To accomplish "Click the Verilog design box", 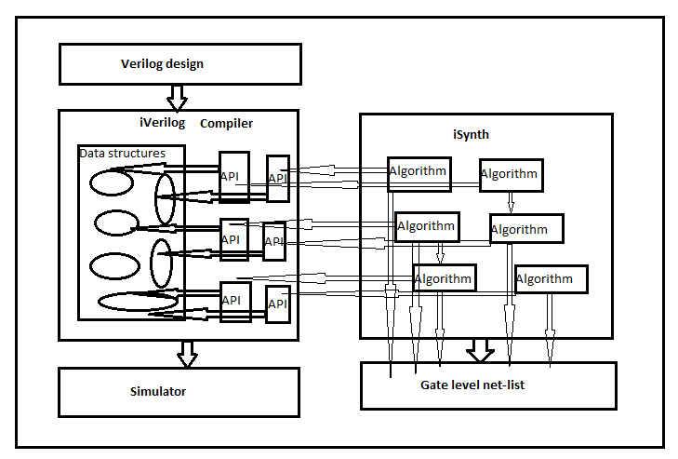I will point(179,64).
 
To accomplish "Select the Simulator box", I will point(179,391).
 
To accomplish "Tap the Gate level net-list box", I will point(488,385).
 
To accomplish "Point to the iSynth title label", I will point(472,135).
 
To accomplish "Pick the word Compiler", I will point(226,123).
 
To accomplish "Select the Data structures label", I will point(123,154).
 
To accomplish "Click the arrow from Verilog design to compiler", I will point(177,96).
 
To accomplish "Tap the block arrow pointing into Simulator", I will point(187,353).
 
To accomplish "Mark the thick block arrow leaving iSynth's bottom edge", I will point(481,350).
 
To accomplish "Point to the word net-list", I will point(503,385).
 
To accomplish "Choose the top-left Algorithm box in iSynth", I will point(419,173).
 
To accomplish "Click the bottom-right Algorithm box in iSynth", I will point(551,278).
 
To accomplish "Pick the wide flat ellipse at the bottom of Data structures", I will point(138,302).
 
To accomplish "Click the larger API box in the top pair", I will point(233,175).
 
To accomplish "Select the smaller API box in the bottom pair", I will point(277,304).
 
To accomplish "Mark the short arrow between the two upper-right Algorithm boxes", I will point(510,202).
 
